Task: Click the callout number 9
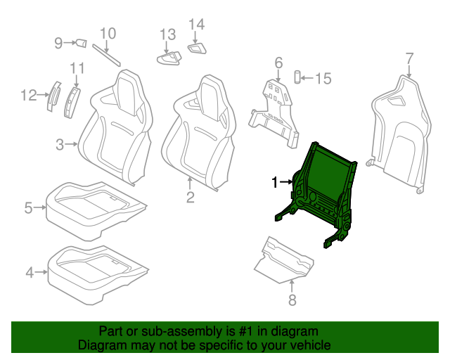tap(58, 43)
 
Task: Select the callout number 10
tap(108, 33)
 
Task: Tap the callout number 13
tap(167, 34)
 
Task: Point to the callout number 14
tap(197, 25)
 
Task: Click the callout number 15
tap(323, 78)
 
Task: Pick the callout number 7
tap(409, 58)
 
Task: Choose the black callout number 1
tap(275, 182)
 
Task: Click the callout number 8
tap(292, 300)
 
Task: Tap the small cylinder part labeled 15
tap(297, 77)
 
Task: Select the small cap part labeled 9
tap(81, 44)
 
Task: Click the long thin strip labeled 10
tap(106, 55)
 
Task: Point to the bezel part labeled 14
tap(197, 49)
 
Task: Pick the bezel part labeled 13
tap(169, 58)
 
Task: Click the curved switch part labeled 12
tap(53, 96)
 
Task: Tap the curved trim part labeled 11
tap(72, 103)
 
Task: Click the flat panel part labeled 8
tap(284, 260)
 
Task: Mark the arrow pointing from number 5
tap(40, 207)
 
